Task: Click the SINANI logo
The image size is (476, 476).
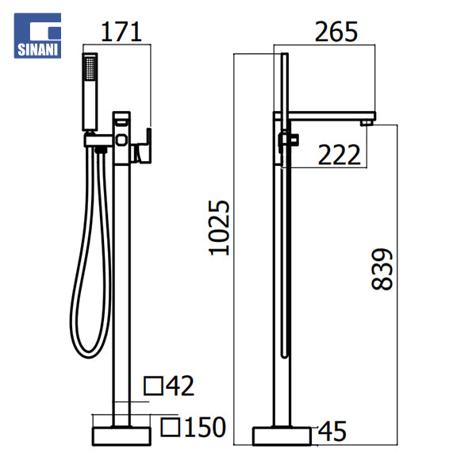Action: [37, 36]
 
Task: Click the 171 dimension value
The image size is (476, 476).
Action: [121, 32]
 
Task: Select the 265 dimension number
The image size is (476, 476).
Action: [336, 32]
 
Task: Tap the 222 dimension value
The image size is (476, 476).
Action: [339, 155]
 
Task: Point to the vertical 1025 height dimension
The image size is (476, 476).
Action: [219, 228]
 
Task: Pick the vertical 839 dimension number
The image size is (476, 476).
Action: [382, 269]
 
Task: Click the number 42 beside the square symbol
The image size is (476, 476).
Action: [180, 386]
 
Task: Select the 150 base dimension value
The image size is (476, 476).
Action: [205, 427]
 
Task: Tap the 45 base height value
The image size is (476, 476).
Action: [332, 431]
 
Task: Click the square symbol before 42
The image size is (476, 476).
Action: [153, 386]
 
